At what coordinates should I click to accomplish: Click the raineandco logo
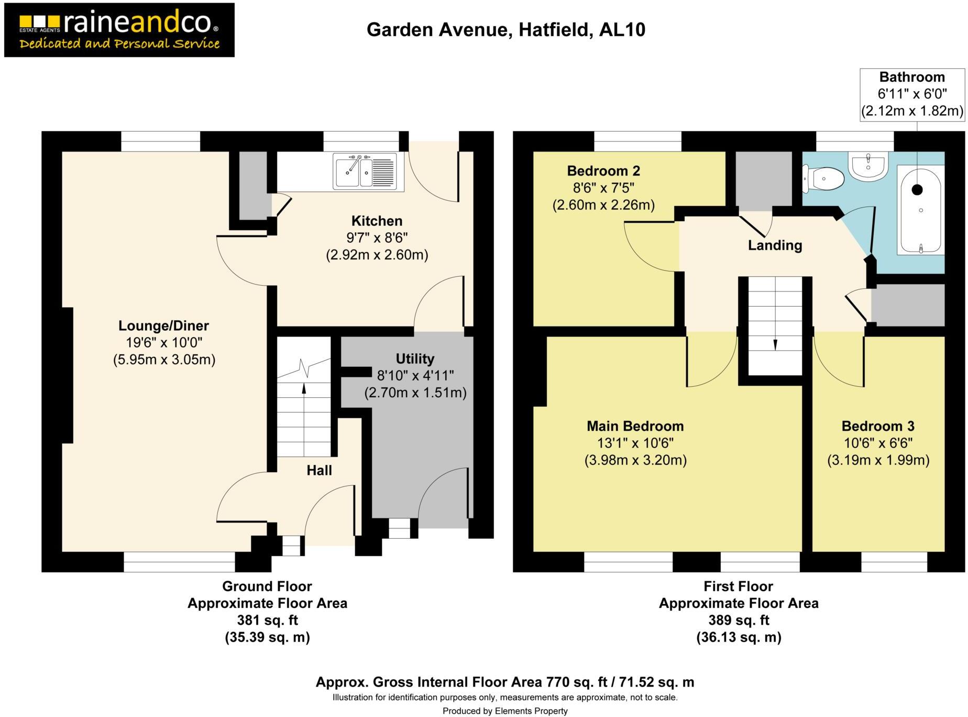[x=119, y=30]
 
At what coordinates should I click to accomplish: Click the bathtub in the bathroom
[x=920, y=210]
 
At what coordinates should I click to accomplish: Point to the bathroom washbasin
[x=868, y=166]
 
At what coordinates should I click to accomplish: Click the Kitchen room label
[x=377, y=221]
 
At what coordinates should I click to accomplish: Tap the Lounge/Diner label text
[x=163, y=325]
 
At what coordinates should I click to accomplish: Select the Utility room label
[x=415, y=358]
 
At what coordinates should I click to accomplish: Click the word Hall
[x=319, y=470]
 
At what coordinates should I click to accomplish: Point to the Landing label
[x=775, y=245]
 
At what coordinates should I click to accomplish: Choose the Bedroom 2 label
[x=603, y=171]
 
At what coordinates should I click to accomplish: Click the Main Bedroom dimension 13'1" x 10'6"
[x=635, y=443]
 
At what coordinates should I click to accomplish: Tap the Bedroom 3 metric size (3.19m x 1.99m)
[x=878, y=460]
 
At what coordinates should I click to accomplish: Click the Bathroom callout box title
[x=912, y=77]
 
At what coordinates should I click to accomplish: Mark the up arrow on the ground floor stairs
[x=304, y=388]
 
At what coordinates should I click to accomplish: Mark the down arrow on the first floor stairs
[x=775, y=344]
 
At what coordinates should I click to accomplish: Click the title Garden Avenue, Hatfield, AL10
[x=505, y=30]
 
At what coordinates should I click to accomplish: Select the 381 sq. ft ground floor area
[x=267, y=620]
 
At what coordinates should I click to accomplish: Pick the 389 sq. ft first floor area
[x=739, y=620]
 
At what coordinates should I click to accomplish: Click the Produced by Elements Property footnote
[x=505, y=711]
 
